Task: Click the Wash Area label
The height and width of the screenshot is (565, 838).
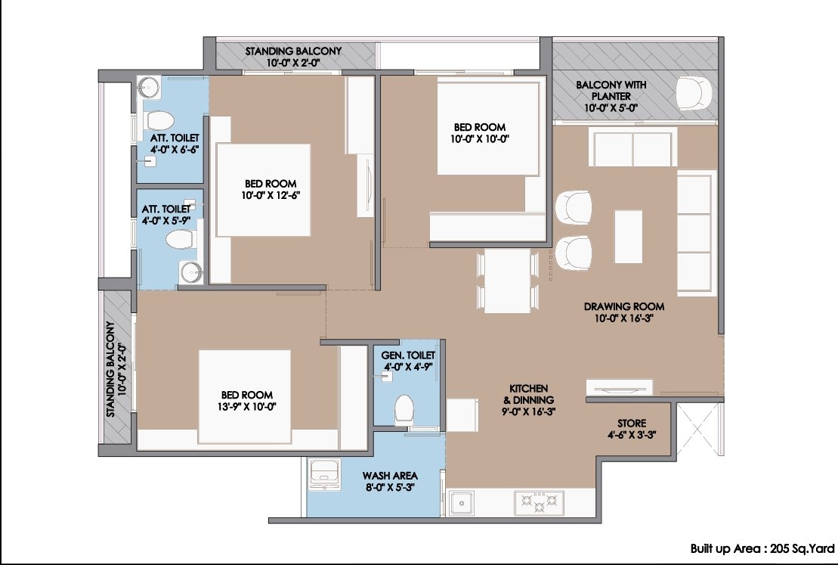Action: [x=390, y=475]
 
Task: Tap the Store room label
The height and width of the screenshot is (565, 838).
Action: [x=632, y=423]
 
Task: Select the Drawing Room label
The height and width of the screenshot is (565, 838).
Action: [x=623, y=306]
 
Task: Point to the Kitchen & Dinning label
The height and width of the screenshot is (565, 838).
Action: [x=528, y=394]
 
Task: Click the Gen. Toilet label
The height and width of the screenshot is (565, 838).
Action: [x=408, y=355]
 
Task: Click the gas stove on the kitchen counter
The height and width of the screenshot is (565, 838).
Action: [x=539, y=503]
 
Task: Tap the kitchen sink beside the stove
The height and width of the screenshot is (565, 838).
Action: [x=461, y=503]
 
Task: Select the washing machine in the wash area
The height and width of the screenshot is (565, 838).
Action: [x=324, y=473]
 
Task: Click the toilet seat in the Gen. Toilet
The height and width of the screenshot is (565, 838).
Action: [x=404, y=409]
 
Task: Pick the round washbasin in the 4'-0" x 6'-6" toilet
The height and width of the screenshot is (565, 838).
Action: [x=149, y=87]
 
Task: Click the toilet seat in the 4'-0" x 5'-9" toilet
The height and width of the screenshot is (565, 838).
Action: [x=180, y=239]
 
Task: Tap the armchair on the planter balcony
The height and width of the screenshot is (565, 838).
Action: [x=694, y=94]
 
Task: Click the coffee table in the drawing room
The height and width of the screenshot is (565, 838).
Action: [x=628, y=237]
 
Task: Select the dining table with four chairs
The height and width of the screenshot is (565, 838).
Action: [x=507, y=281]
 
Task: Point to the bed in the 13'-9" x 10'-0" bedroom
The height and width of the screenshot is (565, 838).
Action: [x=245, y=396]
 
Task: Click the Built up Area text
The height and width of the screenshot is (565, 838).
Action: [x=762, y=548]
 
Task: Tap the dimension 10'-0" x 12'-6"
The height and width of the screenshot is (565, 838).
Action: [x=271, y=195]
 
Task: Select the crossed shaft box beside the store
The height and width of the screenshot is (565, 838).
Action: [x=700, y=429]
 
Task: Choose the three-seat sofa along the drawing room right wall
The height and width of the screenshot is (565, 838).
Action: [x=697, y=233]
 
